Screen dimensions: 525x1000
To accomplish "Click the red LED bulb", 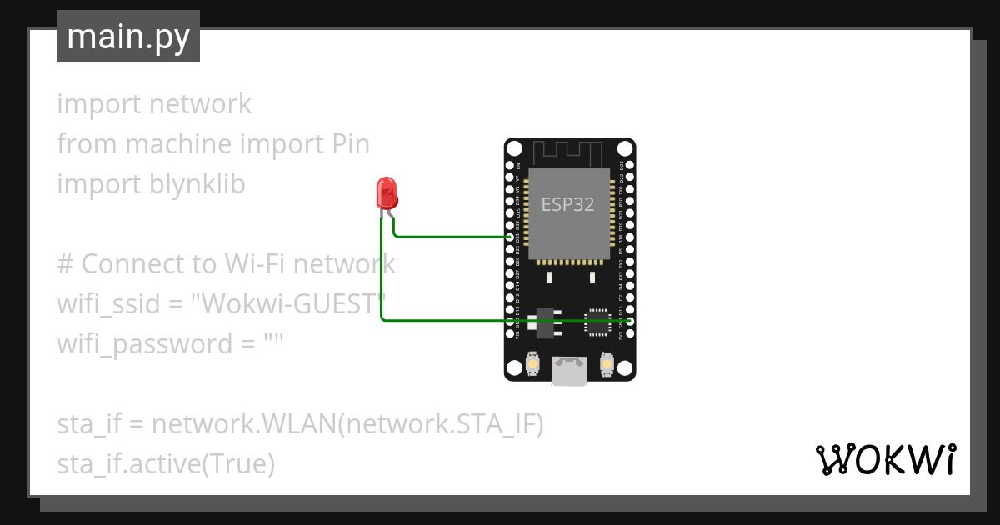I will (387, 193).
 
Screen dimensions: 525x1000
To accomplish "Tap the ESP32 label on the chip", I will (567, 204).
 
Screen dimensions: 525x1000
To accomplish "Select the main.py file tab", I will (128, 37).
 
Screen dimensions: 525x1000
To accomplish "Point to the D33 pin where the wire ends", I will (510, 237).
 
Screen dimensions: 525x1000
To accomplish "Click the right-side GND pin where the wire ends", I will (630, 321).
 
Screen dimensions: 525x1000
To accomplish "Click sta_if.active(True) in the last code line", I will (166, 464).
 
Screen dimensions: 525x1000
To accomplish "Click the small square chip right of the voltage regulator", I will (597, 322).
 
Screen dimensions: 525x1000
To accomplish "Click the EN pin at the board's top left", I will (510, 166).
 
